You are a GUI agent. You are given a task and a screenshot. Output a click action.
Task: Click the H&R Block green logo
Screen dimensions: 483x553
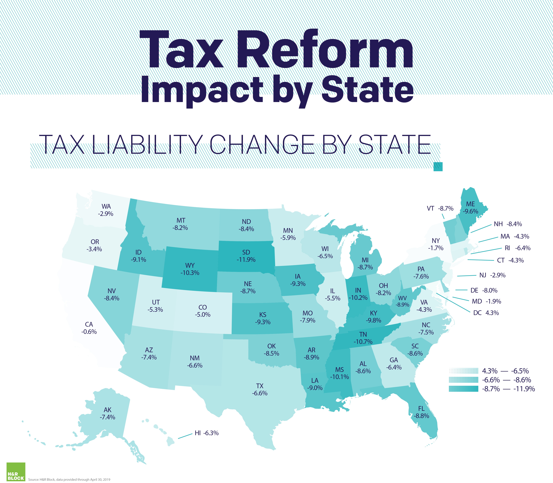(16, 472)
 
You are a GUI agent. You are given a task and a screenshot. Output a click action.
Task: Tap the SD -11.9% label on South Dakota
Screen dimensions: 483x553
(246, 256)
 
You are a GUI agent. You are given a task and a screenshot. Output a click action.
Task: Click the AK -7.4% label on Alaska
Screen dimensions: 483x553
(107, 413)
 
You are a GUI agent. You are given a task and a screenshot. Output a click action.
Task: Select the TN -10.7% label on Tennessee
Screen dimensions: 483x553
(363, 338)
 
